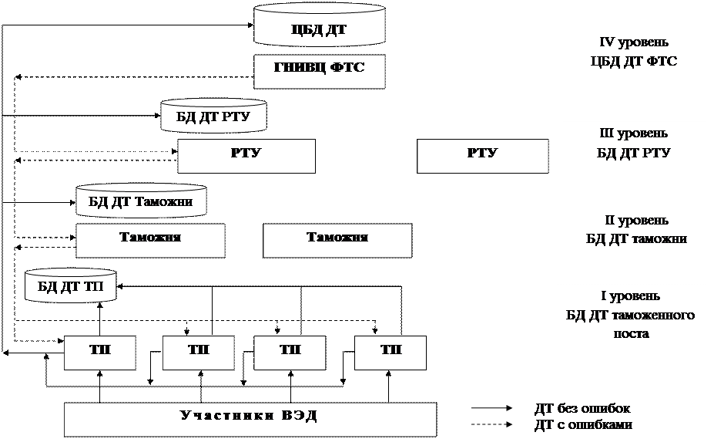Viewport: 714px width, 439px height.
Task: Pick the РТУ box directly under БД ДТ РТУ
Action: coord(246,154)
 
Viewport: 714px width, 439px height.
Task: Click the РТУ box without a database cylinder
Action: coord(482,154)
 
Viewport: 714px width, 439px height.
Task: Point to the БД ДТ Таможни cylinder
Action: coord(143,201)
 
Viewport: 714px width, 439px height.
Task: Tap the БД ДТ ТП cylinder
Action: coord(71,287)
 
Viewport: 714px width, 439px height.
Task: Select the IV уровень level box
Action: coord(634,62)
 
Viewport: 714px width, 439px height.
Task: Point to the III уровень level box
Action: coord(634,153)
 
